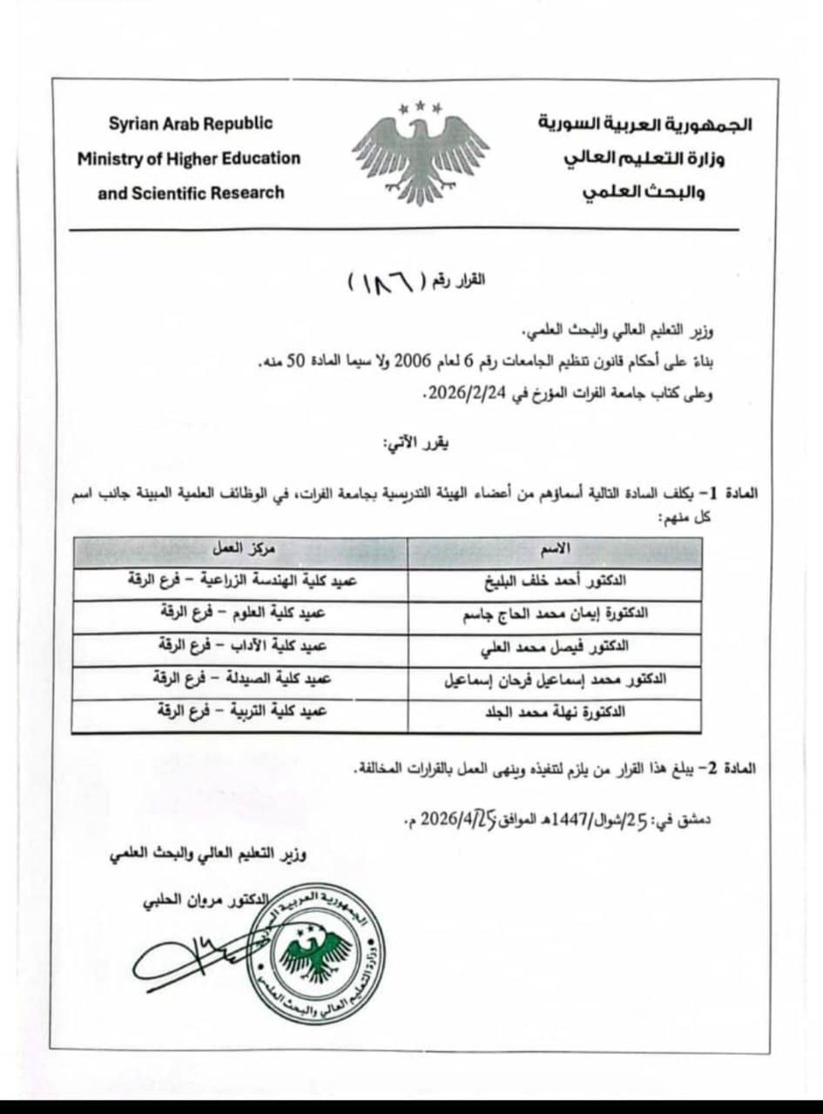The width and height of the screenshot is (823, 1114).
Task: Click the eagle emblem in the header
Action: click(420, 154)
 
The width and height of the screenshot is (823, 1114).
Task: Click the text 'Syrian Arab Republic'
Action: click(191, 124)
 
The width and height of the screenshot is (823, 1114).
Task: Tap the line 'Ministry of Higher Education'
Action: click(188, 158)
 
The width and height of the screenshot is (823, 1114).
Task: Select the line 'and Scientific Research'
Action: click(191, 192)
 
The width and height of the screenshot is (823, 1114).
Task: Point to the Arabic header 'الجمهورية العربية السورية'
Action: click(644, 124)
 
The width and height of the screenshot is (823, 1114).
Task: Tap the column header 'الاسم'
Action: click(555, 549)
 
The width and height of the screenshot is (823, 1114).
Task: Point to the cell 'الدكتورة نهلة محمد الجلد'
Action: click(554, 711)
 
